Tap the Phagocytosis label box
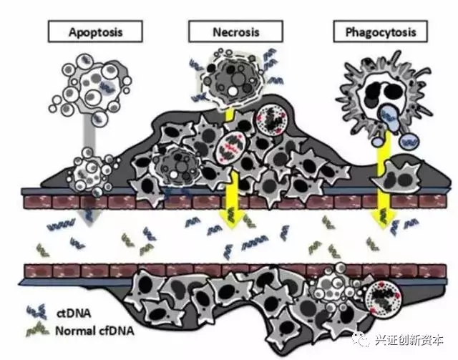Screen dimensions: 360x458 (375, 31)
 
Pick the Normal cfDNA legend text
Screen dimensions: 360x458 (90, 331)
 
